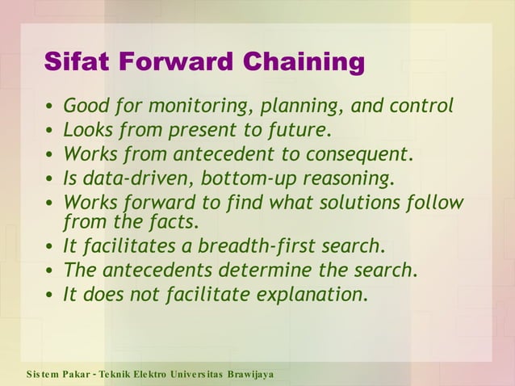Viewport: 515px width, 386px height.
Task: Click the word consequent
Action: point(354,154)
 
